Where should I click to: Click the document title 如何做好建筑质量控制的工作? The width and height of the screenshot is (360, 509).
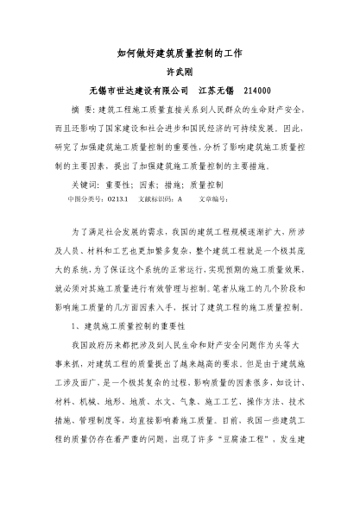click(180, 53)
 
